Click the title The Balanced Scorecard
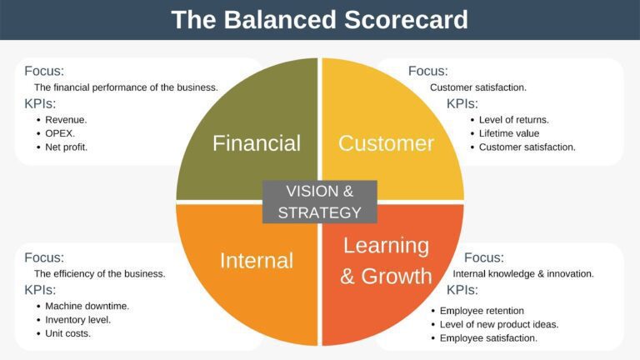[x=319, y=19]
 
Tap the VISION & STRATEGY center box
[x=319, y=202]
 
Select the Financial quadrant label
[x=256, y=143]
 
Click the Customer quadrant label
[x=386, y=143]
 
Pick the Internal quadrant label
[x=256, y=261]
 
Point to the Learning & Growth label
[x=386, y=261]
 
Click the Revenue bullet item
[x=66, y=119]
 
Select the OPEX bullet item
[x=61, y=133]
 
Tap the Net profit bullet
[x=67, y=147]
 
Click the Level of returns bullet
[x=514, y=119]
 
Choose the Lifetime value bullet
[x=509, y=133]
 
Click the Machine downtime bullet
[x=87, y=306]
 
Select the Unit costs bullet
[x=68, y=333]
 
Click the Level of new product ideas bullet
[x=499, y=324]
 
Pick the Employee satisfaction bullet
[x=488, y=337]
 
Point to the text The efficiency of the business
[x=99, y=273]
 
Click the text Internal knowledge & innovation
[x=523, y=273]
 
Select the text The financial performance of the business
[x=126, y=87]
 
